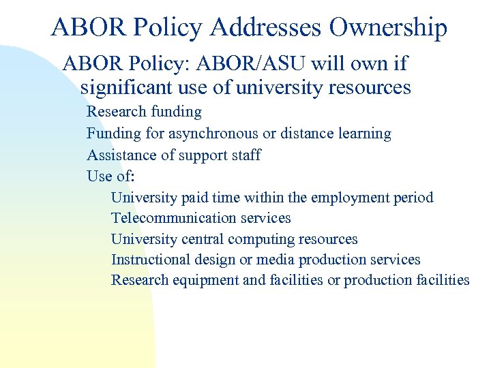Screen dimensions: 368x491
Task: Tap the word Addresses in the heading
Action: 266,28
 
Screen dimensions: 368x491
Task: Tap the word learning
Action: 365,134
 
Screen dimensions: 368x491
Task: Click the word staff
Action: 246,155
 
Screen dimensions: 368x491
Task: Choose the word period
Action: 414,198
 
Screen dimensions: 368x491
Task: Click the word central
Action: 203,239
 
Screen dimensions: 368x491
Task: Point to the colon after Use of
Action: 132,177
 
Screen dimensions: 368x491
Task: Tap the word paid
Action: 196,198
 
